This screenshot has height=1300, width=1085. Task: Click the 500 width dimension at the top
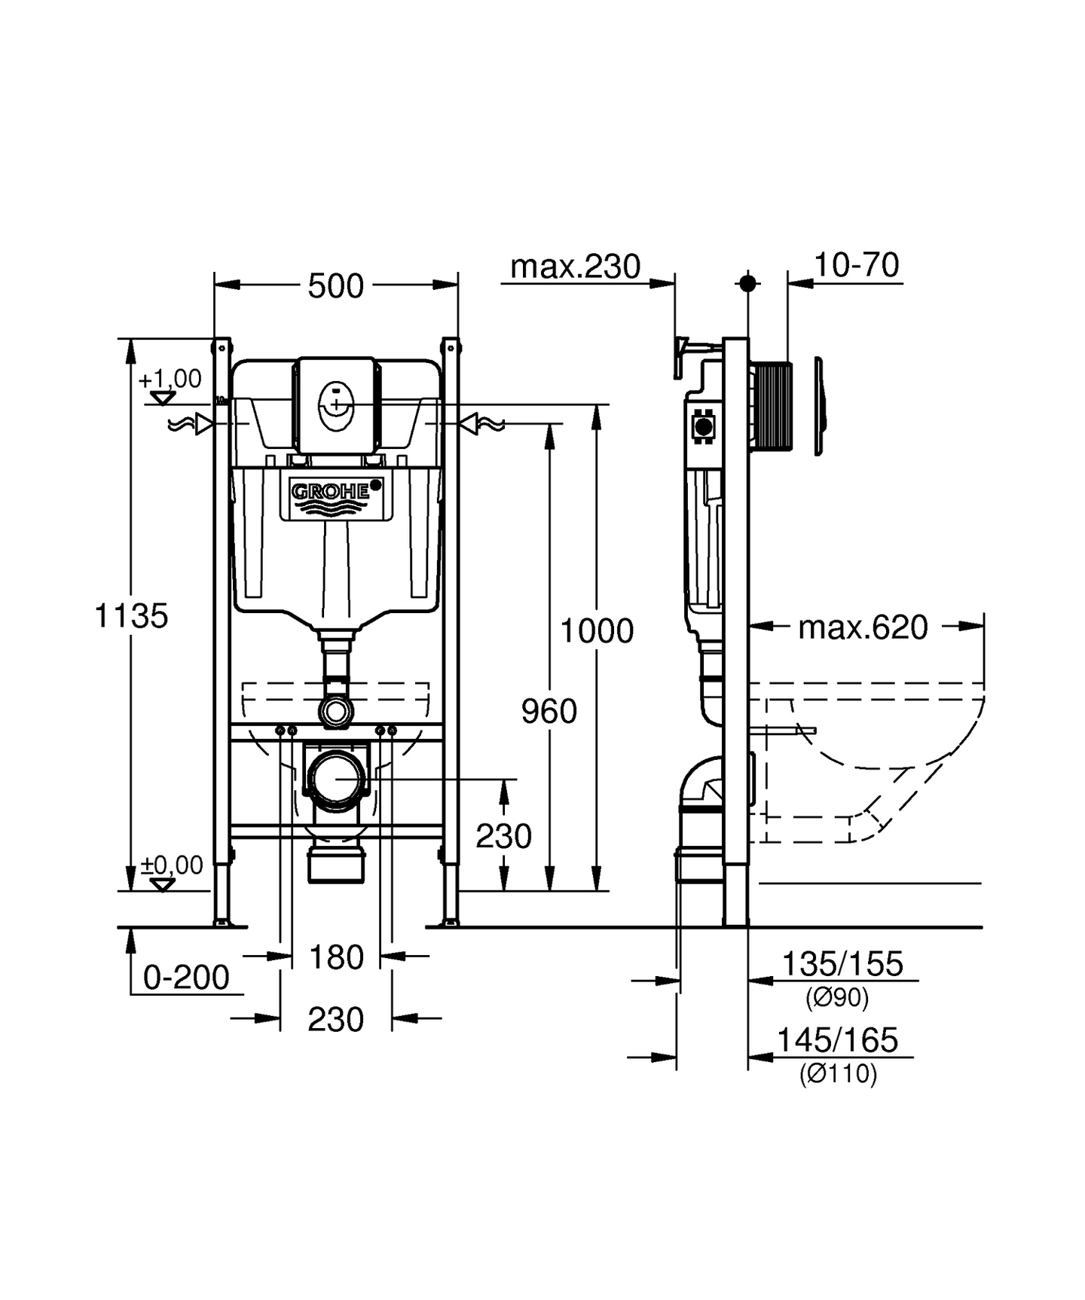[335, 286]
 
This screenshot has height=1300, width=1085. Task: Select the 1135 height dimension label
[131, 615]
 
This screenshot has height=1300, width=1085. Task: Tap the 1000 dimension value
[597, 630]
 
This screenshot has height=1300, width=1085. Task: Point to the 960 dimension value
[549, 711]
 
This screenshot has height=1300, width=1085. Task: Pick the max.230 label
[575, 267]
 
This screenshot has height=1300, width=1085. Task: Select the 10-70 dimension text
[856, 265]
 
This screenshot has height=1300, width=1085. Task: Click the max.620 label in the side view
[863, 627]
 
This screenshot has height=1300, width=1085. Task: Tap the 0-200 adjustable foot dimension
[186, 978]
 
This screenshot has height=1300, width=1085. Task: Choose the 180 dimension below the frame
[336, 958]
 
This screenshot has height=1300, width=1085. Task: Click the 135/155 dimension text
[842, 964]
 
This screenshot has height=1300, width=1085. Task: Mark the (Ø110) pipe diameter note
[838, 1073]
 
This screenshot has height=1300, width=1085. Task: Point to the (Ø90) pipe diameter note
[837, 998]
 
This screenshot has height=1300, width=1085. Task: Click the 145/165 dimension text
[837, 1040]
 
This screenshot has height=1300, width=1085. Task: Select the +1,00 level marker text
[170, 378]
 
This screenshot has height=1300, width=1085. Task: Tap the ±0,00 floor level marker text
[173, 865]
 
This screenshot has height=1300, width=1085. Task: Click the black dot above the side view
[747, 283]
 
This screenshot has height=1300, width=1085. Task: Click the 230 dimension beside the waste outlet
[503, 836]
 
